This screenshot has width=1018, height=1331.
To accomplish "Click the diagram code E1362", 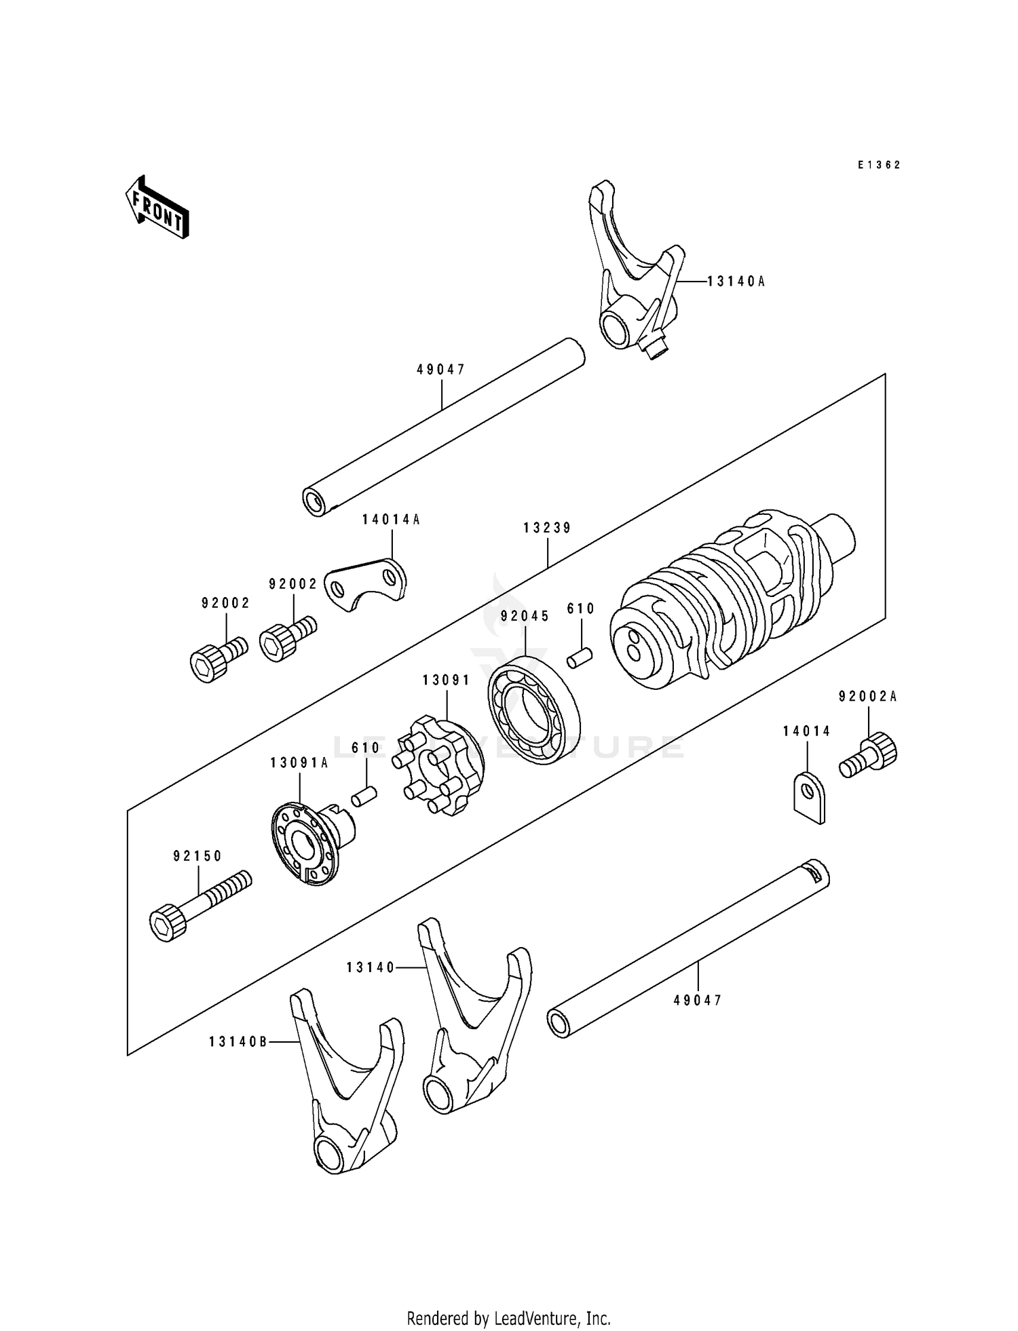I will pyautogui.click(x=878, y=165).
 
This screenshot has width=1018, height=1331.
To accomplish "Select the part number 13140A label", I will pyautogui.click(x=736, y=281).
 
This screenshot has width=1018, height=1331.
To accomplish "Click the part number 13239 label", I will pyautogui.click(x=547, y=528).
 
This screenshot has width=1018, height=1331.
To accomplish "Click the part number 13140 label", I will pyautogui.click(x=371, y=968).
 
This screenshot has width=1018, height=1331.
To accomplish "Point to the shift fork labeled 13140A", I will pyautogui.click(x=635, y=278).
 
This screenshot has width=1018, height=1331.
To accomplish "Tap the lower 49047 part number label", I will pyautogui.click(x=698, y=1000).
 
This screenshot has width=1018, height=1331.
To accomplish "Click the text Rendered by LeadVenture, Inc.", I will pyautogui.click(x=508, y=1318).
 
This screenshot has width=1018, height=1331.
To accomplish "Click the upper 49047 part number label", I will pyautogui.click(x=441, y=370).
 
